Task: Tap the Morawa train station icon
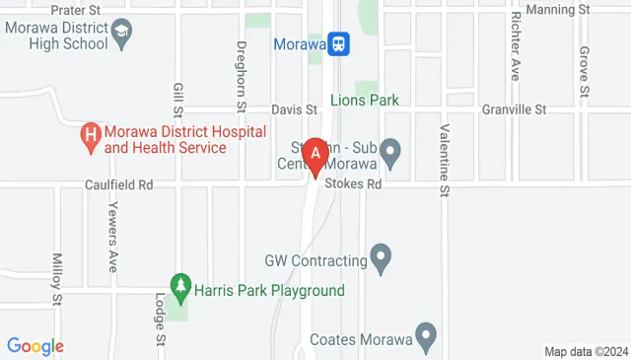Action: (x=339, y=43)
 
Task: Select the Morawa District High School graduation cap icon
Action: (x=121, y=32)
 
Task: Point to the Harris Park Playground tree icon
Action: (x=179, y=287)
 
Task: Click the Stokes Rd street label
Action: (x=361, y=183)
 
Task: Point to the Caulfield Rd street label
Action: (x=117, y=183)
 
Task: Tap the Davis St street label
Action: (x=295, y=109)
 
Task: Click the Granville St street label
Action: (x=513, y=109)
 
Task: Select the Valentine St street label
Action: (x=445, y=159)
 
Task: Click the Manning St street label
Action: (x=557, y=10)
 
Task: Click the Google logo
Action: (x=35, y=346)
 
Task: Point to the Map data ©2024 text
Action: (x=585, y=351)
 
